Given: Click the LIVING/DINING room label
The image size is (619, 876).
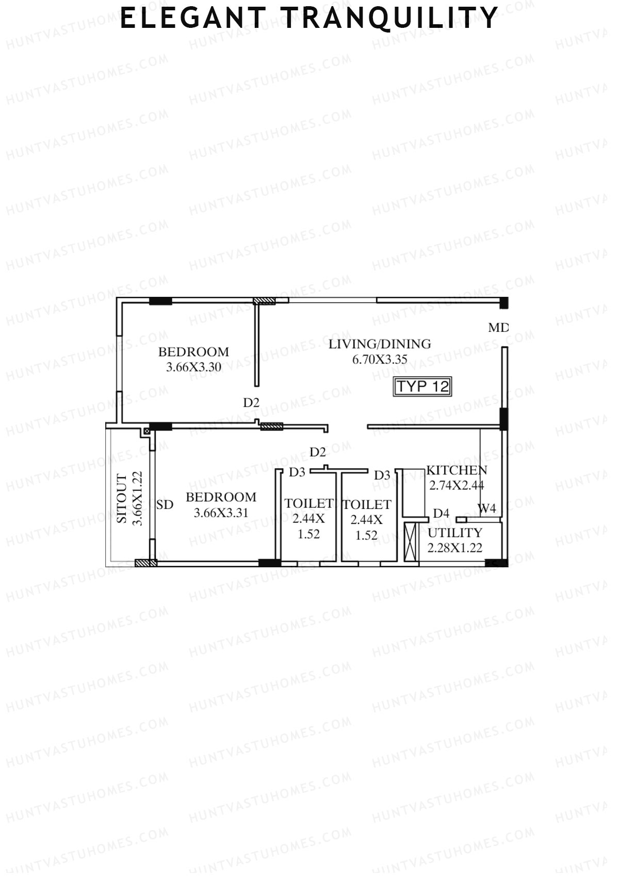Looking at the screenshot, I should pyautogui.click(x=380, y=344).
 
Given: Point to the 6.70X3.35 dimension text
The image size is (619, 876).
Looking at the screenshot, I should pyautogui.click(x=380, y=359).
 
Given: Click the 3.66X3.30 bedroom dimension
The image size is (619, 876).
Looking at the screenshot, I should pyautogui.click(x=193, y=368).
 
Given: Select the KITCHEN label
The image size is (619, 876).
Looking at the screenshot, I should pyautogui.click(x=457, y=470).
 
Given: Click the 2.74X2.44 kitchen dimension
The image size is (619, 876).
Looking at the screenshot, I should pyautogui.click(x=457, y=485).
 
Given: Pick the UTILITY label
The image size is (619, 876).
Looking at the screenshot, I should pyautogui.click(x=454, y=533).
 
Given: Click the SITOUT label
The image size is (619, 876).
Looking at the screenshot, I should pyautogui.click(x=122, y=499).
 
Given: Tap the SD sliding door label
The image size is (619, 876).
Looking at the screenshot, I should pyautogui.click(x=165, y=505).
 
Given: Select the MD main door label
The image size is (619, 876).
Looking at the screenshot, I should pyautogui.click(x=498, y=327).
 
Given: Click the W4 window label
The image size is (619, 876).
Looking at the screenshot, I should pyautogui.click(x=486, y=508).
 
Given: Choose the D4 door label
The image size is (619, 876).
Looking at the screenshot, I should pyautogui.click(x=441, y=513).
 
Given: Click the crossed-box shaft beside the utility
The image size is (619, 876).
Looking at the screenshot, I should pyautogui.click(x=411, y=542).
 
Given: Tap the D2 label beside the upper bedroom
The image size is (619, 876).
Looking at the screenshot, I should pyautogui.click(x=251, y=403).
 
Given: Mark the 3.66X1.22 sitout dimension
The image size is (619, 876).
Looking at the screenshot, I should pyautogui.click(x=137, y=499).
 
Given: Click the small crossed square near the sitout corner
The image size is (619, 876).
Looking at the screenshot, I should pyautogui.click(x=146, y=431).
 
